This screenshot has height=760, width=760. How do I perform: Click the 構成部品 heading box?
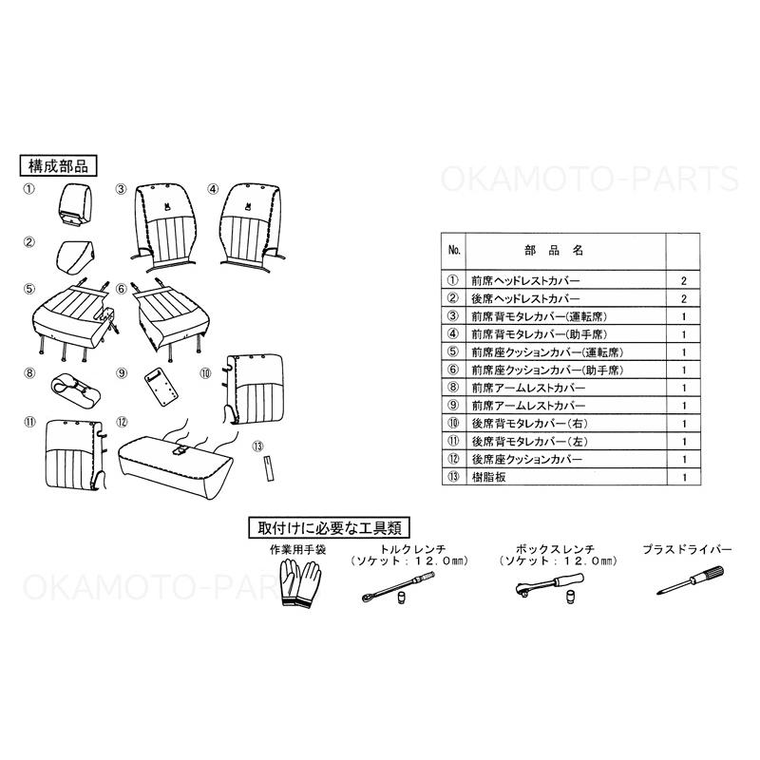(58, 165)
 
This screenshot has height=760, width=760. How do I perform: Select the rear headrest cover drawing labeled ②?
(74, 256)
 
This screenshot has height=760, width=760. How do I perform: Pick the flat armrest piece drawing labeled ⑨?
(161, 388)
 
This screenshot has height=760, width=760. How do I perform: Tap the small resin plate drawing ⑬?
(269, 467)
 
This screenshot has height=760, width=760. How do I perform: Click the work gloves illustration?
(300, 583)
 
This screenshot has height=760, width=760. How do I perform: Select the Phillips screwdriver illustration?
(691, 580)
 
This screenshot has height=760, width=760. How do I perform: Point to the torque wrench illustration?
(398, 587)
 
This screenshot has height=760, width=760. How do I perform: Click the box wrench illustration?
(550, 587)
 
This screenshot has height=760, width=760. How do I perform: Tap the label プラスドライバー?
(687, 550)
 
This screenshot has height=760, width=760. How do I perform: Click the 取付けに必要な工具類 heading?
(329, 528)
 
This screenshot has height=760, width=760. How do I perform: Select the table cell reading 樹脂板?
(489, 477)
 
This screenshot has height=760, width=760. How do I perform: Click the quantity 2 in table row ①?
(684, 280)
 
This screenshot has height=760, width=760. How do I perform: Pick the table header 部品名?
(554, 251)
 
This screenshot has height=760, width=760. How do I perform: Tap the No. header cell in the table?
(454, 250)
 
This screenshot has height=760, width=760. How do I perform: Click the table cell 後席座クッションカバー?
(527, 459)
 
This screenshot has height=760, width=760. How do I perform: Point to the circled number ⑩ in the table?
(453, 423)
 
